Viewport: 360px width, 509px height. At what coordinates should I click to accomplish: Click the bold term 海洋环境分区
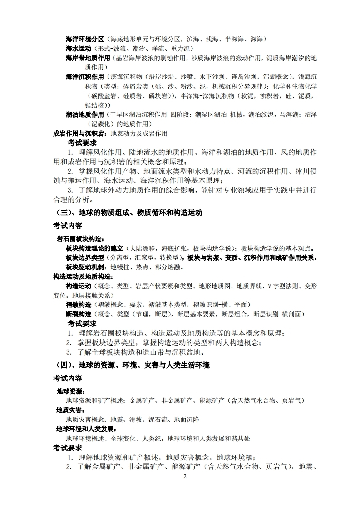tap(85, 39)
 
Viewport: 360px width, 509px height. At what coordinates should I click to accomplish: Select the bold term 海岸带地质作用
tap(89, 58)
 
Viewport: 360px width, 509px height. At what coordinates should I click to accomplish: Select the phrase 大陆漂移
tap(144, 248)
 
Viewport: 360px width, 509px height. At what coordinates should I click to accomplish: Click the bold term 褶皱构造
tap(79, 304)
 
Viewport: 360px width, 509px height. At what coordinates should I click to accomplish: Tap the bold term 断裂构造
tap(79, 314)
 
